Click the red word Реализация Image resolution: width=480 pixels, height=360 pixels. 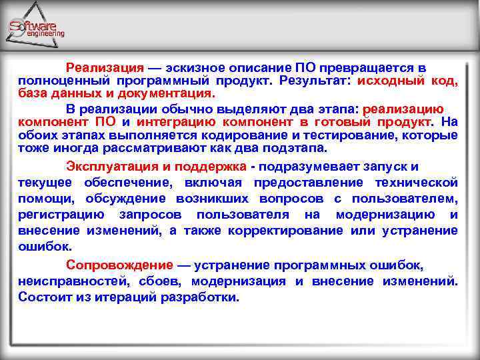(105, 69)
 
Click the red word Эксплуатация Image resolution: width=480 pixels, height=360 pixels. (111, 167)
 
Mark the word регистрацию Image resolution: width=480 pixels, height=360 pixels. (61, 215)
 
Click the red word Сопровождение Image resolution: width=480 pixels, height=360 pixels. (119, 265)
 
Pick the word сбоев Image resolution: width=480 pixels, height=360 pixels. (155, 281)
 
